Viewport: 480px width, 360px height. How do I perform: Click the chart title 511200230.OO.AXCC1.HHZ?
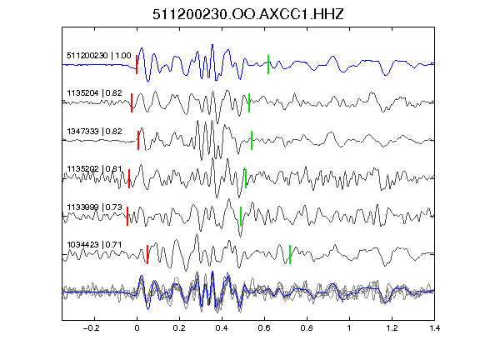248,14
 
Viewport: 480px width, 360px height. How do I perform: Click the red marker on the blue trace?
137,65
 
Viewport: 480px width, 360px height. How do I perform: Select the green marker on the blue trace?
268,65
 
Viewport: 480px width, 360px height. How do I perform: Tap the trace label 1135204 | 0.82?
94,93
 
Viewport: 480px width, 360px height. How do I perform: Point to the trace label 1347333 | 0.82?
94,132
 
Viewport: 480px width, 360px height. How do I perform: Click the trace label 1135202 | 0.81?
94,169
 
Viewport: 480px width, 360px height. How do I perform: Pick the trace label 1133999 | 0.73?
94,207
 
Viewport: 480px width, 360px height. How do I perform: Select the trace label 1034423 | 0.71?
94,245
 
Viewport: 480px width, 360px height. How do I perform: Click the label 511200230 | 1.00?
99,56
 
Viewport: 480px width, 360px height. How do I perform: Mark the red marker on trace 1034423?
147,254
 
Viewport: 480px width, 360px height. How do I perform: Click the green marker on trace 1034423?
290,254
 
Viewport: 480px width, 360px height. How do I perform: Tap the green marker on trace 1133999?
241,217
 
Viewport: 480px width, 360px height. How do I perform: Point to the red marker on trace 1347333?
138,141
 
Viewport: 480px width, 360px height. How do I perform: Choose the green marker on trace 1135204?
249,102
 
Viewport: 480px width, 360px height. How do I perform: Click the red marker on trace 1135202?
129,178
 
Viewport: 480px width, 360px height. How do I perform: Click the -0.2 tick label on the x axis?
91,328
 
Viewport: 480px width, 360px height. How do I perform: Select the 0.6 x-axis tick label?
264,328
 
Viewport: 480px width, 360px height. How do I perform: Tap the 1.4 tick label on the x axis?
434,328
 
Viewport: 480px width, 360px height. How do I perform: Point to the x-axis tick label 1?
349,328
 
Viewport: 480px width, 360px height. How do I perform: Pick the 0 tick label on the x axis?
137,328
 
